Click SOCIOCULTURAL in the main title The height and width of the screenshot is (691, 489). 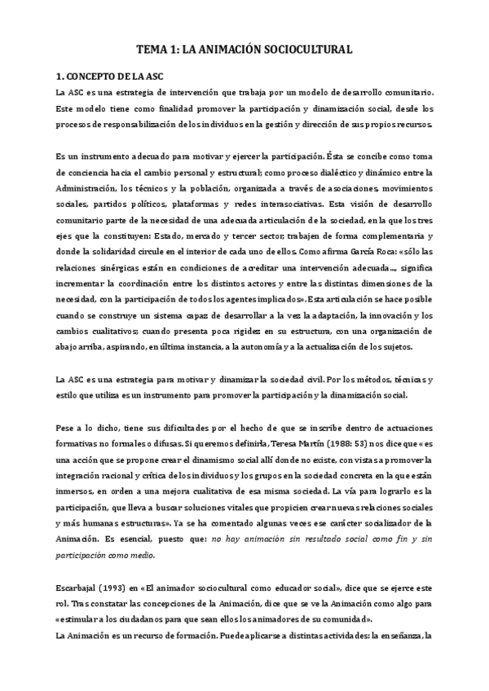point(305,51)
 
